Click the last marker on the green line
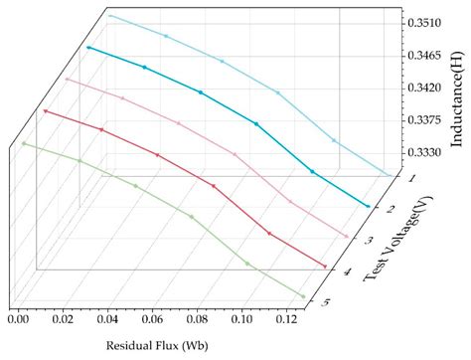pyautogui.click(x=303, y=296)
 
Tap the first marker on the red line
pyautogui.click(x=46, y=111)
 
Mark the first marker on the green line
pyautogui.click(x=24, y=144)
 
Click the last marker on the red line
pyautogui.click(x=325, y=267)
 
